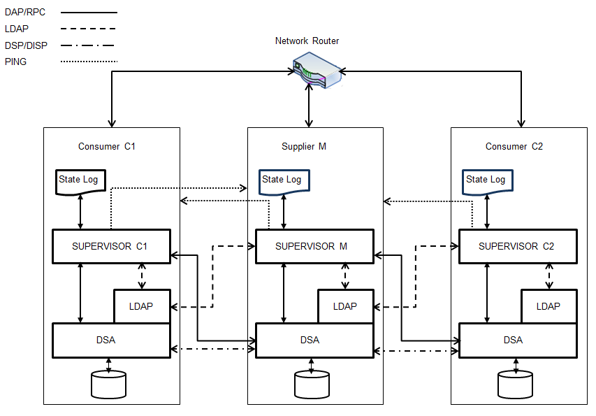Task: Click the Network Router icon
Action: click(x=316, y=70)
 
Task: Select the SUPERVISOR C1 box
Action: click(x=112, y=246)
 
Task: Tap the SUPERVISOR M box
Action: click(x=311, y=246)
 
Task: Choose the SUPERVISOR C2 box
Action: click(x=517, y=246)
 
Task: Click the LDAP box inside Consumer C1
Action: click(x=141, y=306)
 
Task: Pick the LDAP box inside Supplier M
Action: click(x=344, y=306)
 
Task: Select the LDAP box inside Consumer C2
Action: click(x=548, y=306)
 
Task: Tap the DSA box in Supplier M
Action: click(x=310, y=340)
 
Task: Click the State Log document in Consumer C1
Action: click(x=80, y=180)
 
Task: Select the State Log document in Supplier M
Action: click(x=283, y=180)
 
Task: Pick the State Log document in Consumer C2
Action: click(x=487, y=180)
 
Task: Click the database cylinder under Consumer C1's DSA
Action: click(x=108, y=385)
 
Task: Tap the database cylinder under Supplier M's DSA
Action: click(x=312, y=385)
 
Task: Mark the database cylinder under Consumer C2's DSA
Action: click(x=515, y=385)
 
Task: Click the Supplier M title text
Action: click(x=304, y=147)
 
